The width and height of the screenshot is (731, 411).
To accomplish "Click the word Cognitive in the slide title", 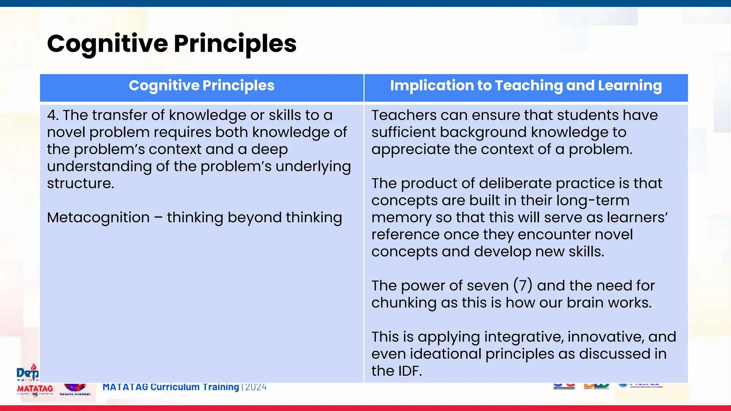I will click(107, 44).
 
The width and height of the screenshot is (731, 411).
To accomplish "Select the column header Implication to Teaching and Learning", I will click(526, 86).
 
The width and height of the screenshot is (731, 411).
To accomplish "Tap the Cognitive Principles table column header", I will click(201, 86).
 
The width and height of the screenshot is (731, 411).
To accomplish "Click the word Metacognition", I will click(98, 218).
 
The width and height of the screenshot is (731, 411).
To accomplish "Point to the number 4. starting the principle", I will click(53, 115).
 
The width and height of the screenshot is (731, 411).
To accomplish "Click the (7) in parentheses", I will click(523, 286).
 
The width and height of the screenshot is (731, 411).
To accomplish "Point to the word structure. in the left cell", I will click(80, 183).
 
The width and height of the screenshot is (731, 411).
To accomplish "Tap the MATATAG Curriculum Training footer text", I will click(171, 387).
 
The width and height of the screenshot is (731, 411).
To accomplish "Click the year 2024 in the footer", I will click(256, 387).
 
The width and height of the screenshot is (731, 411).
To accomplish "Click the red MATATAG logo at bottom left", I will click(35, 389).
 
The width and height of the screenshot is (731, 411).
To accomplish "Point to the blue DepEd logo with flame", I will click(27, 372).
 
